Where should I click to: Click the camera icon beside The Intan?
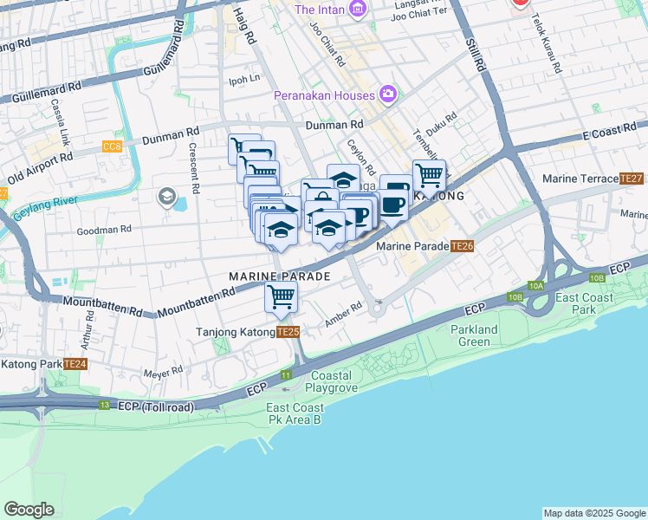[357, 10]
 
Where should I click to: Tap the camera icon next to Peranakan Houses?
[387, 94]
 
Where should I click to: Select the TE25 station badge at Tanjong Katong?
[288, 332]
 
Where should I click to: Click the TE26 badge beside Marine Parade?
[462, 246]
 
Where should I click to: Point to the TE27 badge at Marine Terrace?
[632, 179]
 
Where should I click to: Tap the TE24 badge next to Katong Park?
[75, 363]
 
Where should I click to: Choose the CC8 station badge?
[113, 146]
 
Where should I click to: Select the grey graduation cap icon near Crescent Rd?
[165, 198]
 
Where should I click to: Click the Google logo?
[29, 510]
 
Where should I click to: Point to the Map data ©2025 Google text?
[593, 513]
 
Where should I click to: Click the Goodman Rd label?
[103, 231]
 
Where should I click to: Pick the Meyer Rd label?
[164, 371]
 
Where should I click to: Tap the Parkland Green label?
[474, 335]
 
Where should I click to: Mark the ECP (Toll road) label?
[156, 406]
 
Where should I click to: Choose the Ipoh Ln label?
[243, 79]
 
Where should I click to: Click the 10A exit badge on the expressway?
[536, 285]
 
